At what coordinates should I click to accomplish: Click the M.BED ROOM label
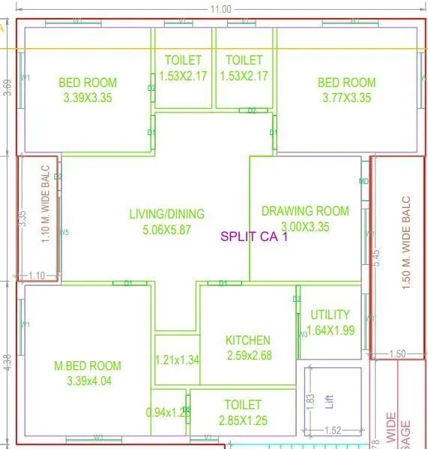click(88, 366)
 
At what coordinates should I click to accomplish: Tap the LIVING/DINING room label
click(166, 214)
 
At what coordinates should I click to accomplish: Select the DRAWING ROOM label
click(304, 211)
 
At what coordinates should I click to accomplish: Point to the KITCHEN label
click(247, 340)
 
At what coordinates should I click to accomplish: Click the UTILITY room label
click(330, 315)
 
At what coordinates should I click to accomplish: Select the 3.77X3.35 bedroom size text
click(346, 98)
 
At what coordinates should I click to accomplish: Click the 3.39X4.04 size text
click(88, 381)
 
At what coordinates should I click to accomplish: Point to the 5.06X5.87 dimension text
click(166, 230)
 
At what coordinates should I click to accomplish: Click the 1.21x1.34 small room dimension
click(178, 360)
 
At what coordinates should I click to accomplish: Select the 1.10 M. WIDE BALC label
click(46, 204)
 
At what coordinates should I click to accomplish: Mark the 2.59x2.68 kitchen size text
click(247, 355)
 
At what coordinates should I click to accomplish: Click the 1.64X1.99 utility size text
click(330, 330)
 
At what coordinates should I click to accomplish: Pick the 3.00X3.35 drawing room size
click(304, 227)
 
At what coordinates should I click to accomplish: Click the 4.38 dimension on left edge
click(7, 363)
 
